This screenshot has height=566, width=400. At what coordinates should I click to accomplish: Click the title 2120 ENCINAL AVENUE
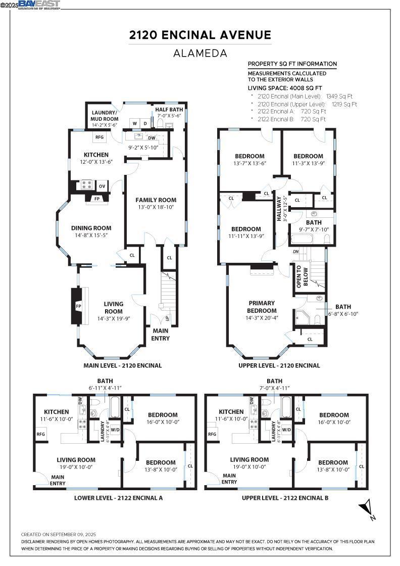(200, 35)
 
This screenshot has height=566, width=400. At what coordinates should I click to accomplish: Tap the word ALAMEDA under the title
(200, 53)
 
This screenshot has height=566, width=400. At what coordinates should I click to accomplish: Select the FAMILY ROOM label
(156, 200)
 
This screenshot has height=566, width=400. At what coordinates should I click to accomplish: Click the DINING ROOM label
(91, 228)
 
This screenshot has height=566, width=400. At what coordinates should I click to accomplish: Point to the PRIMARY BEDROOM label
(262, 307)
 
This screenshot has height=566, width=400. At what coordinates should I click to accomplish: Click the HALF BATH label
(169, 109)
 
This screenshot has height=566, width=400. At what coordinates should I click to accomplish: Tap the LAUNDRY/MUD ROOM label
(104, 116)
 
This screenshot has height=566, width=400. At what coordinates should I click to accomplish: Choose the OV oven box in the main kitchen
(102, 186)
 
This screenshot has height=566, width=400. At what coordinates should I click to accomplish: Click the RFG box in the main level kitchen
(99, 137)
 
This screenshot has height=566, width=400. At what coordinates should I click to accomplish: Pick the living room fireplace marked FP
(78, 306)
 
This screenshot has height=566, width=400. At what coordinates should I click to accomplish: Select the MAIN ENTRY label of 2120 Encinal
(161, 335)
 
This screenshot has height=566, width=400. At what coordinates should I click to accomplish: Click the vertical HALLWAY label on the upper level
(279, 208)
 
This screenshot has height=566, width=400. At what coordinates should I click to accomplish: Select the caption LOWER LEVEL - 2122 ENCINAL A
(118, 498)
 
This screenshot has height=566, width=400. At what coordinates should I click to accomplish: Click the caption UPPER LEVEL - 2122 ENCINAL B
(285, 498)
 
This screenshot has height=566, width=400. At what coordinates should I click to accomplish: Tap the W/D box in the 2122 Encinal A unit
(115, 430)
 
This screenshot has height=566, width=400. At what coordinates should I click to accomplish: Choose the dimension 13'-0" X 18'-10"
(156, 207)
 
